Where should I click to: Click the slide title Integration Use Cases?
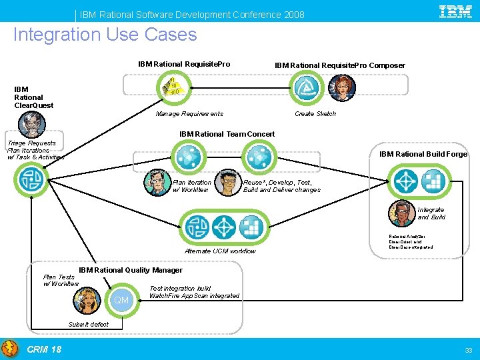pyautogui.click(x=105, y=35)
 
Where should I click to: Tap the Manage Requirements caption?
pyautogui.click(x=189, y=114)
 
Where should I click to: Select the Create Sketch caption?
pyautogui.click(x=315, y=114)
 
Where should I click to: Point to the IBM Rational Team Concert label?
pyautogui.click(x=227, y=134)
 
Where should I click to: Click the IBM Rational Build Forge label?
pyautogui.click(x=423, y=154)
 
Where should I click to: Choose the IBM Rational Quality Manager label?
pyautogui.click(x=131, y=270)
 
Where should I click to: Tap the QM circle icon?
pyautogui.click(x=121, y=300)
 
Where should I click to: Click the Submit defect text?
pyautogui.click(x=88, y=325)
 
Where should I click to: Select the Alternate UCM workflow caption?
pyautogui.click(x=220, y=251)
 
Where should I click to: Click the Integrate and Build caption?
pyautogui.click(x=431, y=213)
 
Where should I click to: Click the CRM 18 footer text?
pyautogui.click(x=44, y=349)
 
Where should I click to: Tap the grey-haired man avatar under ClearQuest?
pyautogui.click(x=31, y=124)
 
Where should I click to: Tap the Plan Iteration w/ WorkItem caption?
pyautogui.click(x=192, y=186)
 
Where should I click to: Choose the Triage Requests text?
pyautogui.click(x=31, y=143)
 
